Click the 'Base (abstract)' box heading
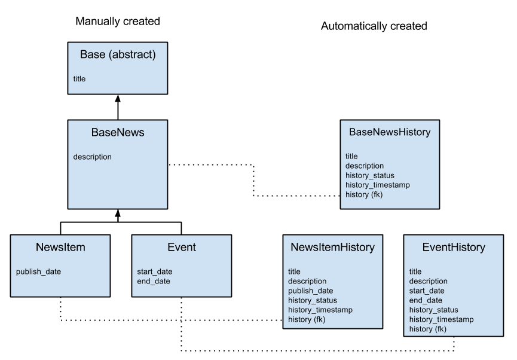(x=117, y=55)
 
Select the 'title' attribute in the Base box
(x=79, y=79)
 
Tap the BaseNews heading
(x=117, y=133)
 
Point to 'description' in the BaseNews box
(x=92, y=157)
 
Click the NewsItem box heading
(x=60, y=248)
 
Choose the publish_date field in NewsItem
(x=38, y=272)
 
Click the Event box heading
(x=181, y=248)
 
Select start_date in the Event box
(x=154, y=272)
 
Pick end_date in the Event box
(x=154, y=282)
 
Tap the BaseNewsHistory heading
(x=390, y=133)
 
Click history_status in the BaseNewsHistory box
(x=369, y=176)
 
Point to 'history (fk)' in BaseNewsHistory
(x=364, y=195)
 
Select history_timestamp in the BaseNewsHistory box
(x=378, y=185)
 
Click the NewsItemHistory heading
(x=332, y=248)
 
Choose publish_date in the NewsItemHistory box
(x=310, y=291)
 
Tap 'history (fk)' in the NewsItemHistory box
(x=307, y=320)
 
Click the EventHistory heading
(x=454, y=248)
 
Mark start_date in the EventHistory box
(x=427, y=291)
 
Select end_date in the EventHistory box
(x=426, y=301)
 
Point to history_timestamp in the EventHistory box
(x=441, y=320)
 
